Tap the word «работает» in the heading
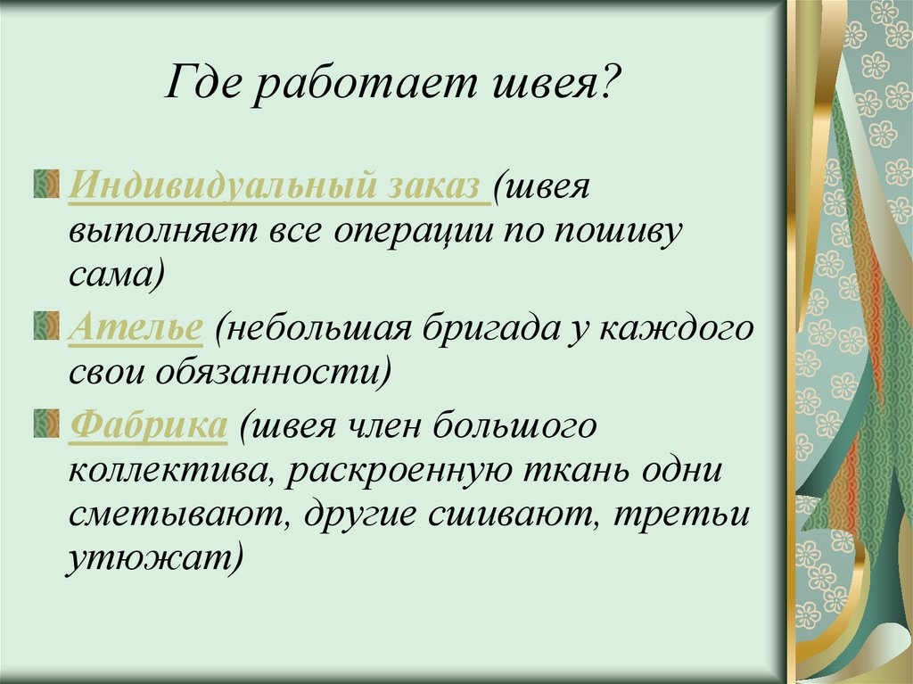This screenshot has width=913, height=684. coord(364,86)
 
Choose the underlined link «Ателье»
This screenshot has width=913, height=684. coord(136,327)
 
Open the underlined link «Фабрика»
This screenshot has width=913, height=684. coord(148,424)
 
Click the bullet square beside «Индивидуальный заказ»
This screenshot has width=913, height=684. coord(46,184)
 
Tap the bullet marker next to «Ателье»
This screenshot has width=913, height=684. coord(46,326)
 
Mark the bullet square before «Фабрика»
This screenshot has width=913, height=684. coord(46,423)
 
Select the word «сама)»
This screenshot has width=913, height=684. coord(117,274)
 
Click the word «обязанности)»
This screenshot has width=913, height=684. coord(273,372)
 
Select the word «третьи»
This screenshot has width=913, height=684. coord(680,515)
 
